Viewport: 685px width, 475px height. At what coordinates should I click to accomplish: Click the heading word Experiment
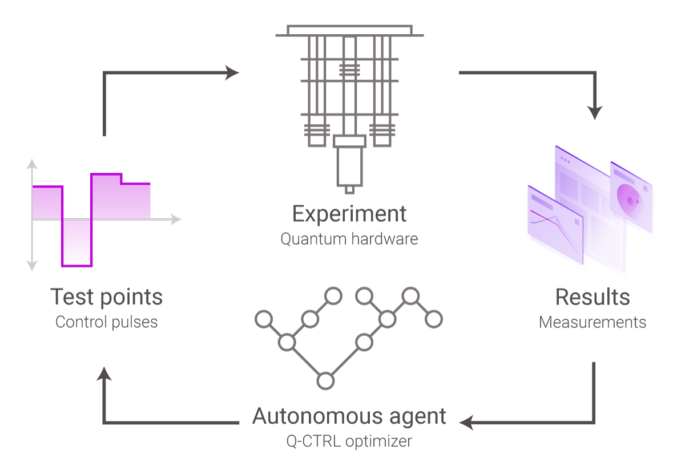point(349,214)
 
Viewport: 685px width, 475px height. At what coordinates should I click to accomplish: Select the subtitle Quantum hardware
point(349,238)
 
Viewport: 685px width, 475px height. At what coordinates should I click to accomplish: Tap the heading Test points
point(106,297)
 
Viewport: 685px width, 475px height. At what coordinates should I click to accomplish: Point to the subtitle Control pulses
point(106,322)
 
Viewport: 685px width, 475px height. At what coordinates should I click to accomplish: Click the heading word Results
point(593,297)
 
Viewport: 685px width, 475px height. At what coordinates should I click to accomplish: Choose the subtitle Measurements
point(593,322)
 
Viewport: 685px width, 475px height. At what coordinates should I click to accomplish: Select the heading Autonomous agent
point(349,416)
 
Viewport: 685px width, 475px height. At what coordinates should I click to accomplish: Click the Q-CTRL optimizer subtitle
point(349,441)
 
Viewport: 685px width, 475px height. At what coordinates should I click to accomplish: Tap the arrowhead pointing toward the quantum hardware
point(232,72)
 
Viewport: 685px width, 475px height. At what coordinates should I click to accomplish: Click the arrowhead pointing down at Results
point(595,112)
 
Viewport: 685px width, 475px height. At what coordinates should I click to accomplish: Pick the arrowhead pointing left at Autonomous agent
point(467,423)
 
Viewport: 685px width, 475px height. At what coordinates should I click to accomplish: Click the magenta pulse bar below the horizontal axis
point(77,243)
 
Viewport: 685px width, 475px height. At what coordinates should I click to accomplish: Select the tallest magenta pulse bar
point(106,196)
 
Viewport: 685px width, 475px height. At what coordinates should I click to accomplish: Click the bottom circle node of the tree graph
point(325,380)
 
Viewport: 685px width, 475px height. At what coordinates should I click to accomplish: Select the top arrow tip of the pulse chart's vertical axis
point(32,165)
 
